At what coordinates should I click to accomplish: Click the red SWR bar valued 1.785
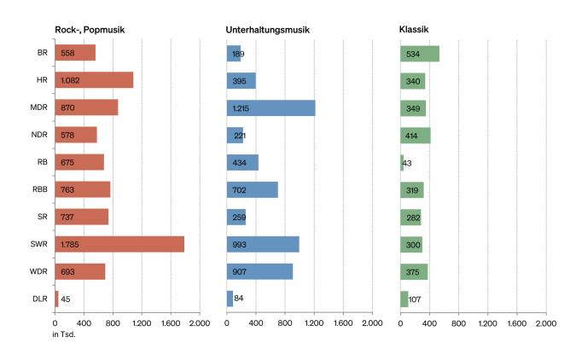point(119,244)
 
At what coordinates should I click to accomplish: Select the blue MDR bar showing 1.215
point(271,107)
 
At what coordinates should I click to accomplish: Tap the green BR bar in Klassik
point(420,53)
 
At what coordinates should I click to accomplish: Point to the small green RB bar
point(402,162)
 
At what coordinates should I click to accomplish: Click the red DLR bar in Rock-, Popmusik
point(56,299)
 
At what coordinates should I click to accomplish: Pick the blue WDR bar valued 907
point(259,271)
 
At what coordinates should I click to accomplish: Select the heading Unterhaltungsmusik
point(267,30)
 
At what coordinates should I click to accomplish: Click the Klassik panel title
point(414,30)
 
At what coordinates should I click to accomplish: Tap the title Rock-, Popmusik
point(90,30)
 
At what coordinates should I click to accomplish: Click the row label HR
point(42,80)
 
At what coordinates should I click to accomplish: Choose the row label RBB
point(40,189)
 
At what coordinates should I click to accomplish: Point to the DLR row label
point(40,299)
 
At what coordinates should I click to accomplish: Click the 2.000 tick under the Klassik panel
point(545,324)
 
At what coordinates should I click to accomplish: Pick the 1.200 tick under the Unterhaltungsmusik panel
point(314,324)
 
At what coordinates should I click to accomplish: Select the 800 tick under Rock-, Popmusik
point(113,324)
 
